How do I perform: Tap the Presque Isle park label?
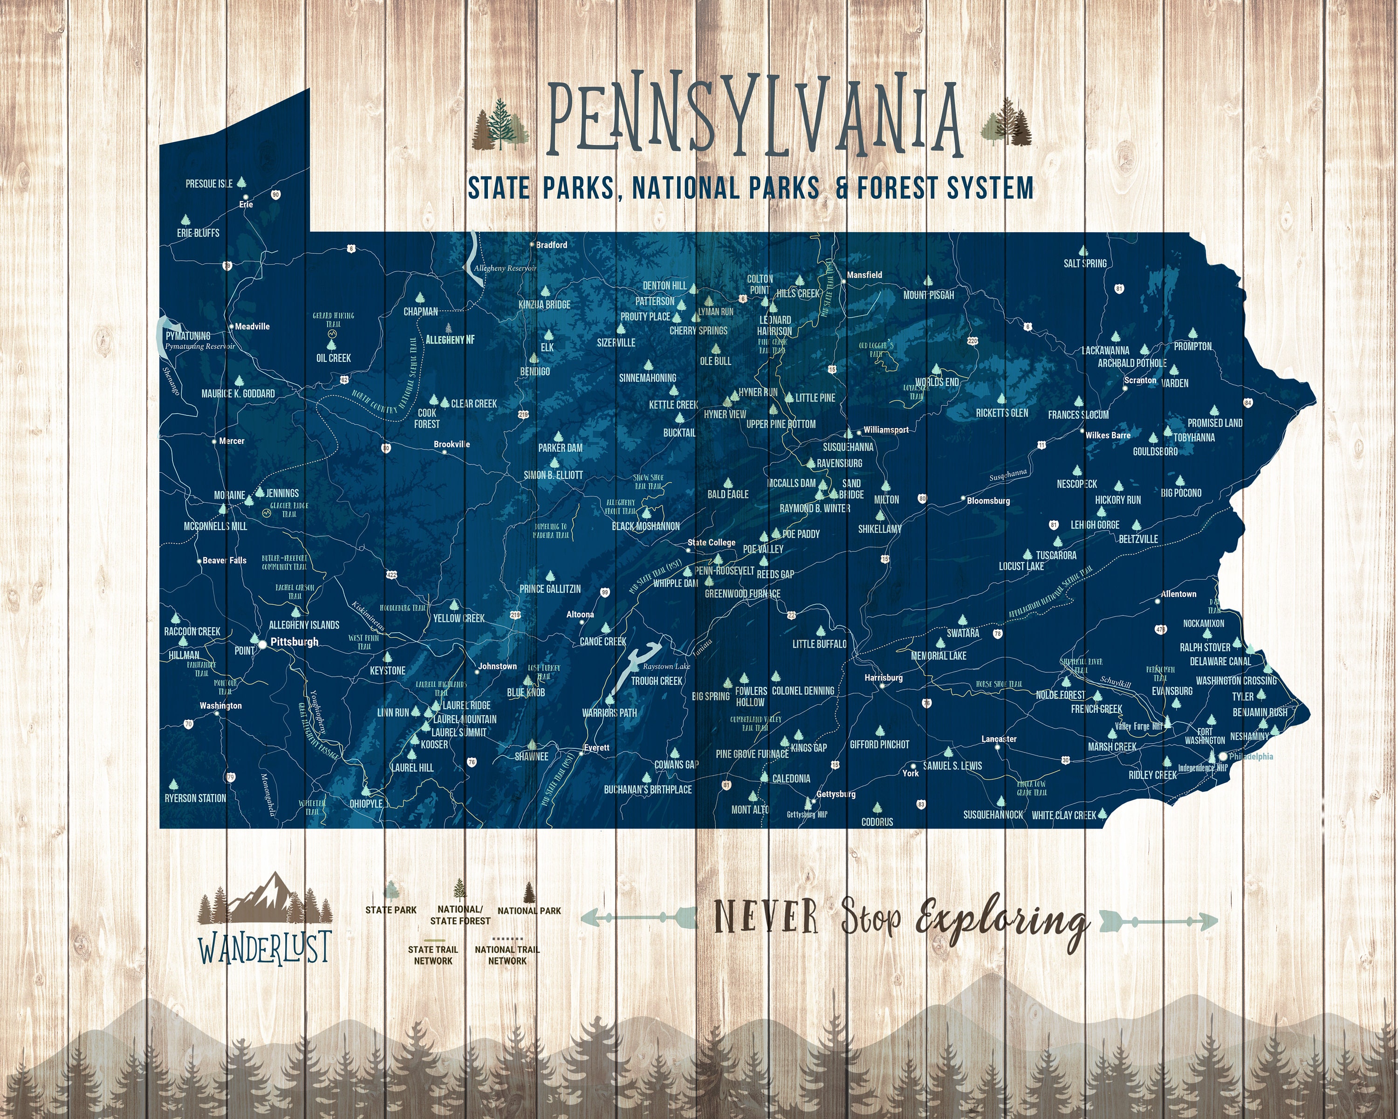coord(209,184)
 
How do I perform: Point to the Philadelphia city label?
coord(1251,756)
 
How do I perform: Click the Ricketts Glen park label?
coord(1002,413)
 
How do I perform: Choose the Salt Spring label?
coord(1085,263)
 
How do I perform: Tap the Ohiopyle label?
coord(366,803)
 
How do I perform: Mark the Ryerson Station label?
coord(195,798)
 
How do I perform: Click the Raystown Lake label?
coord(666,666)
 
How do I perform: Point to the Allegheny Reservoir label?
coord(505,268)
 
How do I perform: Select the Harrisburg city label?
coord(883,677)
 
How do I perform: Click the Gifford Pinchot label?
coord(879,744)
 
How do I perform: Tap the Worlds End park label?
coord(936,382)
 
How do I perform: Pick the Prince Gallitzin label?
coord(550,588)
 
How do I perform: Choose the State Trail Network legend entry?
coord(432,955)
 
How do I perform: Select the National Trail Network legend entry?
coord(507,955)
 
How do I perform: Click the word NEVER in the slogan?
coord(766,917)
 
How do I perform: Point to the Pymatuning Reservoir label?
coord(200,346)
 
